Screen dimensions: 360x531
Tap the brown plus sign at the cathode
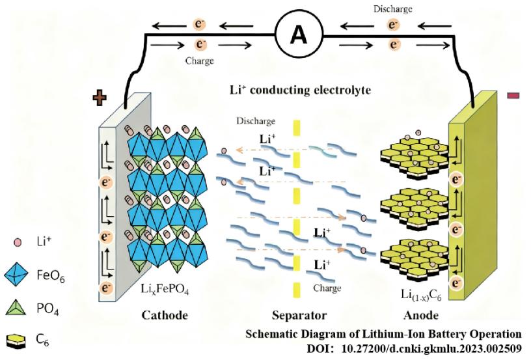(x=100, y=98)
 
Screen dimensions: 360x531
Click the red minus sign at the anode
(x=512, y=96)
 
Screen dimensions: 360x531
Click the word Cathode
(x=164, y=316)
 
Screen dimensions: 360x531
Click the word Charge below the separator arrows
(x=327, y=287)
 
